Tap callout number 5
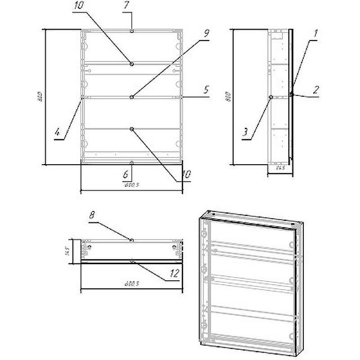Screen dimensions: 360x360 pyautogui.click(x=206, y=90)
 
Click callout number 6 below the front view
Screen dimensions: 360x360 pyautogui.click(x=126, y=173)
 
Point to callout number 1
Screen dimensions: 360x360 pyautogui.click(x=315, y=33)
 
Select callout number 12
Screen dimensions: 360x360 pyautogui.click(x=175, y=273)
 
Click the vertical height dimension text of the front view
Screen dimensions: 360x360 pyautogui.click(x=40, y=97)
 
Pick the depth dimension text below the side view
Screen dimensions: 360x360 pyautogui.click(x=280, y=168)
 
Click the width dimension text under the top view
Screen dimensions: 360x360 pyautogui.click(x=131, y=284)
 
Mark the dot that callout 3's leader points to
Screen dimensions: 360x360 pyautogui.click(x=270, y=96)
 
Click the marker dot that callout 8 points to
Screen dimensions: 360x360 pyautogui.click(x=131, y=240)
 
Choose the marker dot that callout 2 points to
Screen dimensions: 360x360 pyautogui.click(x=292, y=94)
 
